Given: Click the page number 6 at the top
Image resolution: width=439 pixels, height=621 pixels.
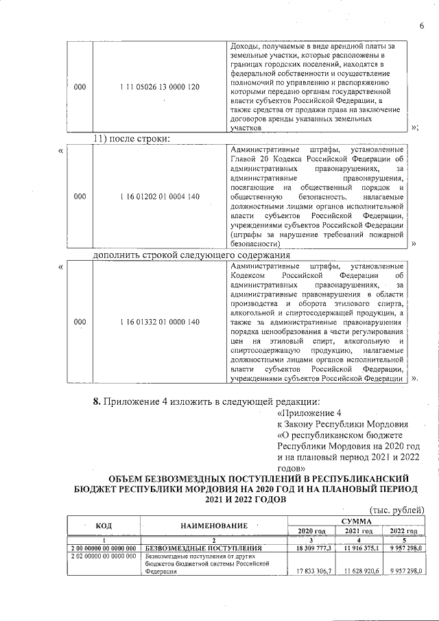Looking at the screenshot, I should click(x=421, y=26).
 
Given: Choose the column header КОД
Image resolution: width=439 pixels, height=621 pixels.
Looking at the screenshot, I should click(x=103, y=525).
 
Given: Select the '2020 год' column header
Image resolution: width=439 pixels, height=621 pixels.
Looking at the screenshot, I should click(x=311, y=531).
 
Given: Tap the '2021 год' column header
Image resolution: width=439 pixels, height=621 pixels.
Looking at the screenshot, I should click(x=359, y=531).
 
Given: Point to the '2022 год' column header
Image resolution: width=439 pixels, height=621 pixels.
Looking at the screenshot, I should click(x=403, y=531).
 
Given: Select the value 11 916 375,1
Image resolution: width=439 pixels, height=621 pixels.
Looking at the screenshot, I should click(x=359, y=549).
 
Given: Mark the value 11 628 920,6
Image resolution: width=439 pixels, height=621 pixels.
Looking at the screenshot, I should click(x=359, y=571).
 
